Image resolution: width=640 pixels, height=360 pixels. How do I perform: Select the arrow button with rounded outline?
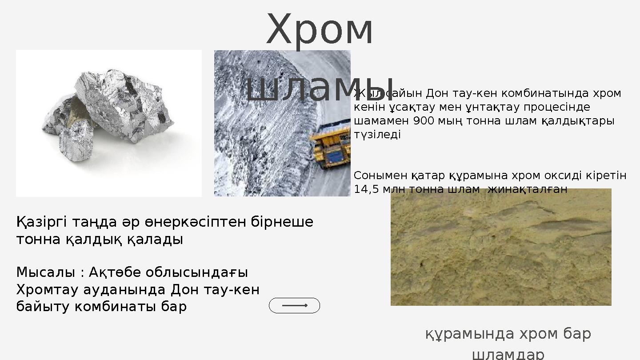[x=294, y=306]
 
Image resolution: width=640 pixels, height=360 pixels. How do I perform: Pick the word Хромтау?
[x=48, y=289]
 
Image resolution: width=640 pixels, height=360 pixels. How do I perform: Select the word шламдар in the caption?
[x=508, y=354]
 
